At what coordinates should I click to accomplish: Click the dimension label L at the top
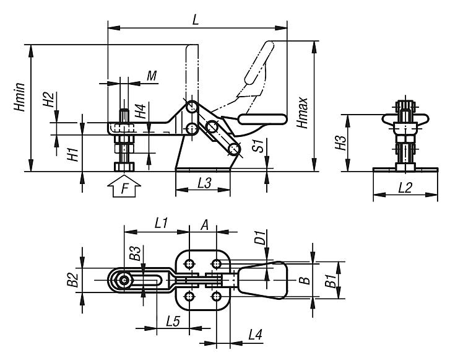tap(195, 19)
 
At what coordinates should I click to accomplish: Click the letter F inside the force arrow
tap(125, 189)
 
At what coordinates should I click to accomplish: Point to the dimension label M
tap(151, 76)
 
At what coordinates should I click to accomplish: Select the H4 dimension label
tap(142, 112)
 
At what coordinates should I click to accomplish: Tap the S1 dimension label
tap(261, 146)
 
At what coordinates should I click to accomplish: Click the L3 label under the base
tap(202, 184)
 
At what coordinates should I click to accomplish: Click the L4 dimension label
tap(255, 335)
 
